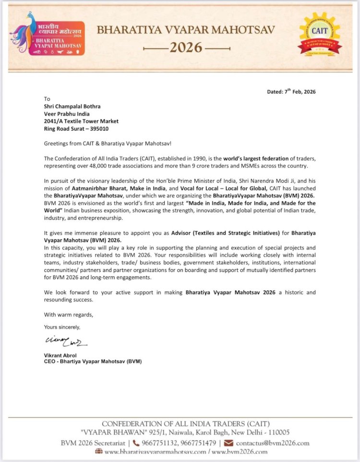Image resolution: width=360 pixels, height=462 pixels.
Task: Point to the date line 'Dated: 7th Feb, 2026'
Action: pyautogui.click(x=291, y=92)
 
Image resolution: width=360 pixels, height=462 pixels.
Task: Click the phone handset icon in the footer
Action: pyautogui.click(x=136, y=443)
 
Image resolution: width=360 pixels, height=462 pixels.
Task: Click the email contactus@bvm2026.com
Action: pyautogui.click(x=273, y=443)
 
